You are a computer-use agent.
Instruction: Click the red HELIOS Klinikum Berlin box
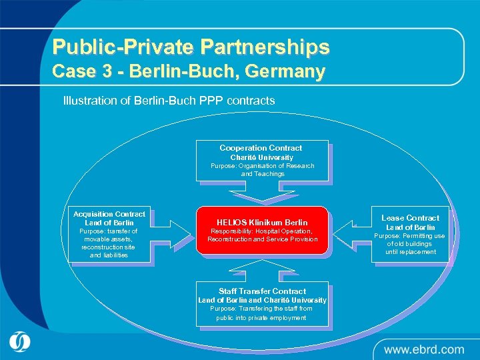click(x=262, y=230)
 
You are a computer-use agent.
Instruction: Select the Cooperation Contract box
click(x=261, y=161)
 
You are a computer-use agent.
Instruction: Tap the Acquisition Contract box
click(x=109, y=234)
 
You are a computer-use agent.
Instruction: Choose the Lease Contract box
click(x=410, y=234)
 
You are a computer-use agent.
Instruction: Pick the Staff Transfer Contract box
click(x=261, y=304)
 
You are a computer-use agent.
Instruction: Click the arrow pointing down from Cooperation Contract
click(x=261, y=195)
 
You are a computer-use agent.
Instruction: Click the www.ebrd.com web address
click(x=423, y=349)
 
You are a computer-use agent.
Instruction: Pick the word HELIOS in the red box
click(x=233, y=222)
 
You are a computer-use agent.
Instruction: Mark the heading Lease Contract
click(x=410, y=218)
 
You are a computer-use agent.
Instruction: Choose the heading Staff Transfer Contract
click(x=262, y=291)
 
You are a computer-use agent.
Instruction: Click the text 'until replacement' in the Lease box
click(x=410, y=252)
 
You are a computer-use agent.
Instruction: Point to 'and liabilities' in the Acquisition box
click(x=109, y=255)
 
